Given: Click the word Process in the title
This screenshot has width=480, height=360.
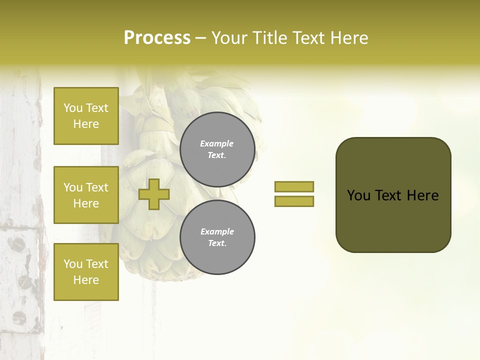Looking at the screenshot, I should [157, 38].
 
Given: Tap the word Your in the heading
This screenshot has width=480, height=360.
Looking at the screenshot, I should [229, 38].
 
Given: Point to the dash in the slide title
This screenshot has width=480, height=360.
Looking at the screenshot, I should [200, 38].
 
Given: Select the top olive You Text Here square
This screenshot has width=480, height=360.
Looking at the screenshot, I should [86, 116].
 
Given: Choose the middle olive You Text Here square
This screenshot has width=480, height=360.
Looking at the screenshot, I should [86, 195].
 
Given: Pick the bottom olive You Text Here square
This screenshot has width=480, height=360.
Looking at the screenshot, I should [86, 272].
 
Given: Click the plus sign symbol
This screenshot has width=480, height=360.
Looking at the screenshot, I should [154, 194].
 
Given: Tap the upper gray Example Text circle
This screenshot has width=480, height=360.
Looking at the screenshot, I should [217, 149].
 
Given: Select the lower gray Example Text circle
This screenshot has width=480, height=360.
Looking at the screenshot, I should [217, 237].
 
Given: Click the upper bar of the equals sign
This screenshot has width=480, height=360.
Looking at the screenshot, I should [294, 186].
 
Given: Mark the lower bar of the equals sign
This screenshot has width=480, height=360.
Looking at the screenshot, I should [294, 201].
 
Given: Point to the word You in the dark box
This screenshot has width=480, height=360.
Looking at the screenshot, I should [358, 195].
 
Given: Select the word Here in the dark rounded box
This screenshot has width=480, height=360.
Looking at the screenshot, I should [422, 195].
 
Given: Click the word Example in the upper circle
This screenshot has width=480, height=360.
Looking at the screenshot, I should [217, 143].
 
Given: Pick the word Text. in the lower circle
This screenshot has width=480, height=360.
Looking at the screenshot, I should [217, 243].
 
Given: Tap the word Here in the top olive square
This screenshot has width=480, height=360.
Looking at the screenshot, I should [86, 124].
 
